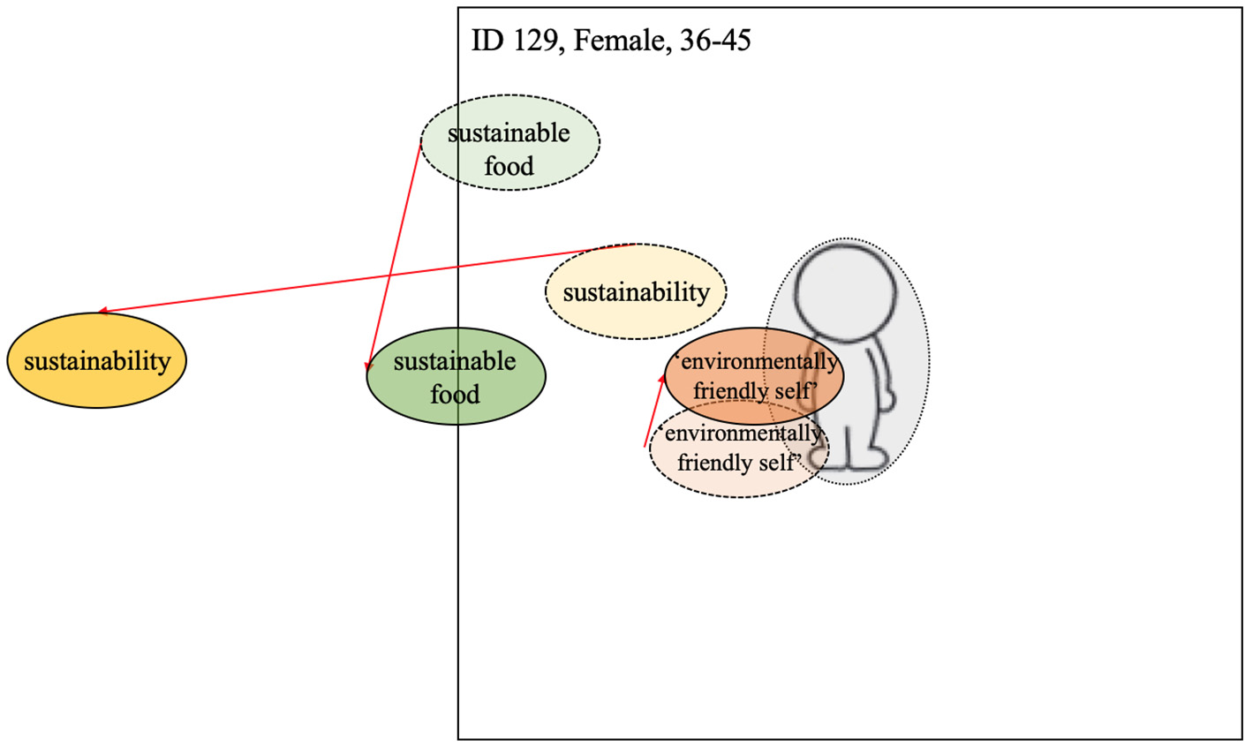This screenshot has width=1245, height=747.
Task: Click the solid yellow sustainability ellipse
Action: coord(96,360)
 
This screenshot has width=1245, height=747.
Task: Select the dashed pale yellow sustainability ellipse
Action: coord(636,292)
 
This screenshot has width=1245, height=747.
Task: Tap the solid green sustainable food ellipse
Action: coord(456,377)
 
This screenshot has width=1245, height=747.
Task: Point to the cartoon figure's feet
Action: coord(848,457)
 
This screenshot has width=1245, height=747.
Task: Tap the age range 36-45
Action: coord(716,41)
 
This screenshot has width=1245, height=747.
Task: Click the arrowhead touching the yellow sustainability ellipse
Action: coord(102,311)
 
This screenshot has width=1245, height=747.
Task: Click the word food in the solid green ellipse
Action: coord(455,394)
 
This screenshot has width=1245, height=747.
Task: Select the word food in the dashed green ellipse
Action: coord(509,166)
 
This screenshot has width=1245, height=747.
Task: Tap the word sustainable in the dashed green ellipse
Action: coord(509,133)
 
